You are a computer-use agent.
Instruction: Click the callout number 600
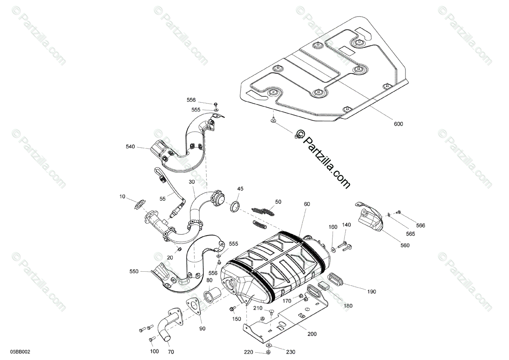[x=398, y=124]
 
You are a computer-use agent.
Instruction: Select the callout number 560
[x=405, y=245]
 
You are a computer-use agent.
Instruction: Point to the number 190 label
[x=372, y=292]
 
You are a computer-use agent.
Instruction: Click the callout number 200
[x=312, y=334]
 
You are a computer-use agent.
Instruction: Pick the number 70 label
[x=171, y=352]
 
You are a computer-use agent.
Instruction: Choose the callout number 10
[x=123, y=197]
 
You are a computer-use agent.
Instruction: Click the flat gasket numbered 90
[x=193, y=305]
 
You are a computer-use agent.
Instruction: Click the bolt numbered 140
[x=344, y=245]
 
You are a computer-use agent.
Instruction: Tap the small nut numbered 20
[x=179, y=249]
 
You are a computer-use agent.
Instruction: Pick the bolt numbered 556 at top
[x=215, y=104]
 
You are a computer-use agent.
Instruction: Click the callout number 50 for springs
[x=278, y=202]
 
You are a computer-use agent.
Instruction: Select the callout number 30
[x=192, y=181]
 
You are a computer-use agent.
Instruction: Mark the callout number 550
[x=134, y=271]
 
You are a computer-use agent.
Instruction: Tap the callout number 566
[x=420, y=225]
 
